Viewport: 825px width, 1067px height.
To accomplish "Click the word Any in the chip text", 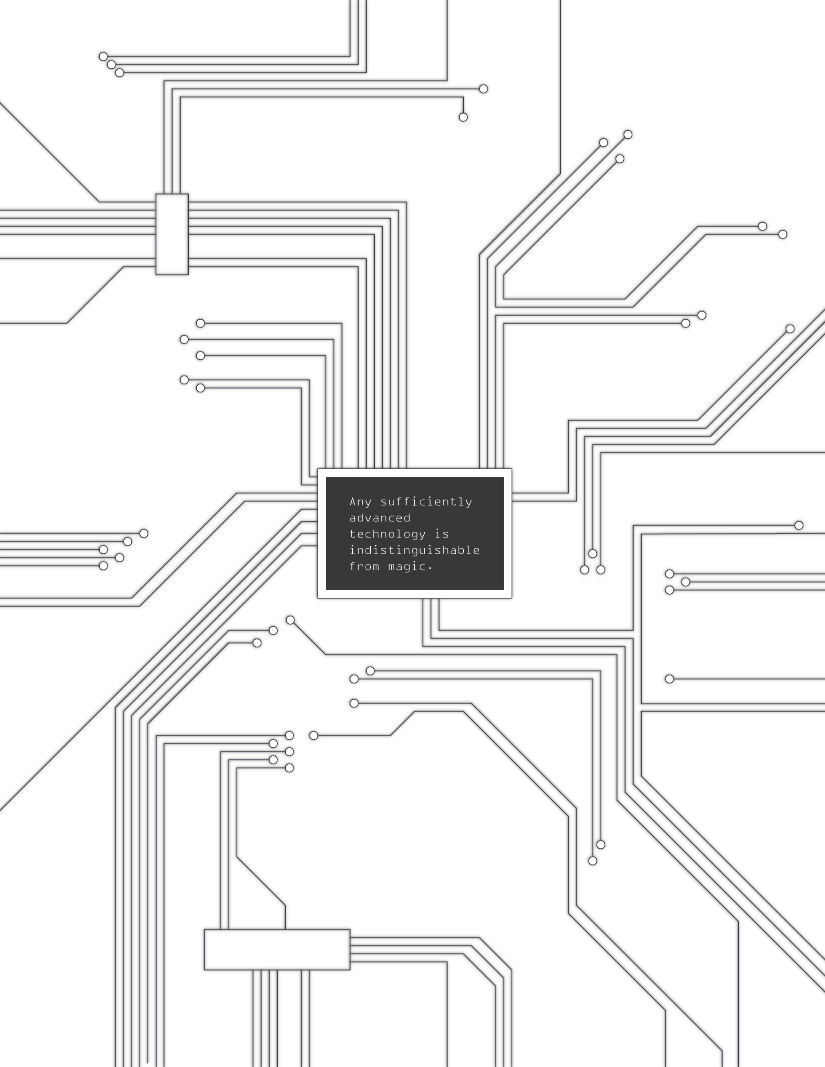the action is click(x=360, y=502).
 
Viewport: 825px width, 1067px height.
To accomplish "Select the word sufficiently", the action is click(x=426, y=502).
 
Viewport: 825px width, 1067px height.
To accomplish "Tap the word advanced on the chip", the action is click(x=380, y=518).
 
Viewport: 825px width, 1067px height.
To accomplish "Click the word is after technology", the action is click(x=442, y=534).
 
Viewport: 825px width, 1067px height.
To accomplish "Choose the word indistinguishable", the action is click(x=414, y=550).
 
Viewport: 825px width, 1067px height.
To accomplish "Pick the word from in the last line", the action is click(x=364, y=566).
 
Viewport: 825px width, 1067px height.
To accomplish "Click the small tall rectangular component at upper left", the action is click(x=172, y=234).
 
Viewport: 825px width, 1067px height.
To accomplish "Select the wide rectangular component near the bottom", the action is click(x=277, y=950).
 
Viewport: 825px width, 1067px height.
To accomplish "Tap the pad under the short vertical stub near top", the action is click(x=463, y=117).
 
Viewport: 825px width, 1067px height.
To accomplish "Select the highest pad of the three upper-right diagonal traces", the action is click(x=628, y=134).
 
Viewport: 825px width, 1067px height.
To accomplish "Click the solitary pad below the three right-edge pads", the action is click(x=670, y=679).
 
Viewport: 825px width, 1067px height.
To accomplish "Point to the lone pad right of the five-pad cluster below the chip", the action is click(x=314, y=736).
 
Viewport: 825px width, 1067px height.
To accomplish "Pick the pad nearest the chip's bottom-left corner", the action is click(x=290, y=620).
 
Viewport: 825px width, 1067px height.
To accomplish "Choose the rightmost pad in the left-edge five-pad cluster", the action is click(x=144, y=533).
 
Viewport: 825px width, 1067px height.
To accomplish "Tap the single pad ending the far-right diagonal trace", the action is click(x=790, y=329).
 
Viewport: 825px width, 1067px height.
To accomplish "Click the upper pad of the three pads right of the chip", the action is click(x=593, y=554).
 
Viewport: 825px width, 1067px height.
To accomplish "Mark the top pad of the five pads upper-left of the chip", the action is click(x=200, y=323).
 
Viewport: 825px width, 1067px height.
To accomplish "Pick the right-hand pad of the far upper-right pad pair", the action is click(x=782, y=234).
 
